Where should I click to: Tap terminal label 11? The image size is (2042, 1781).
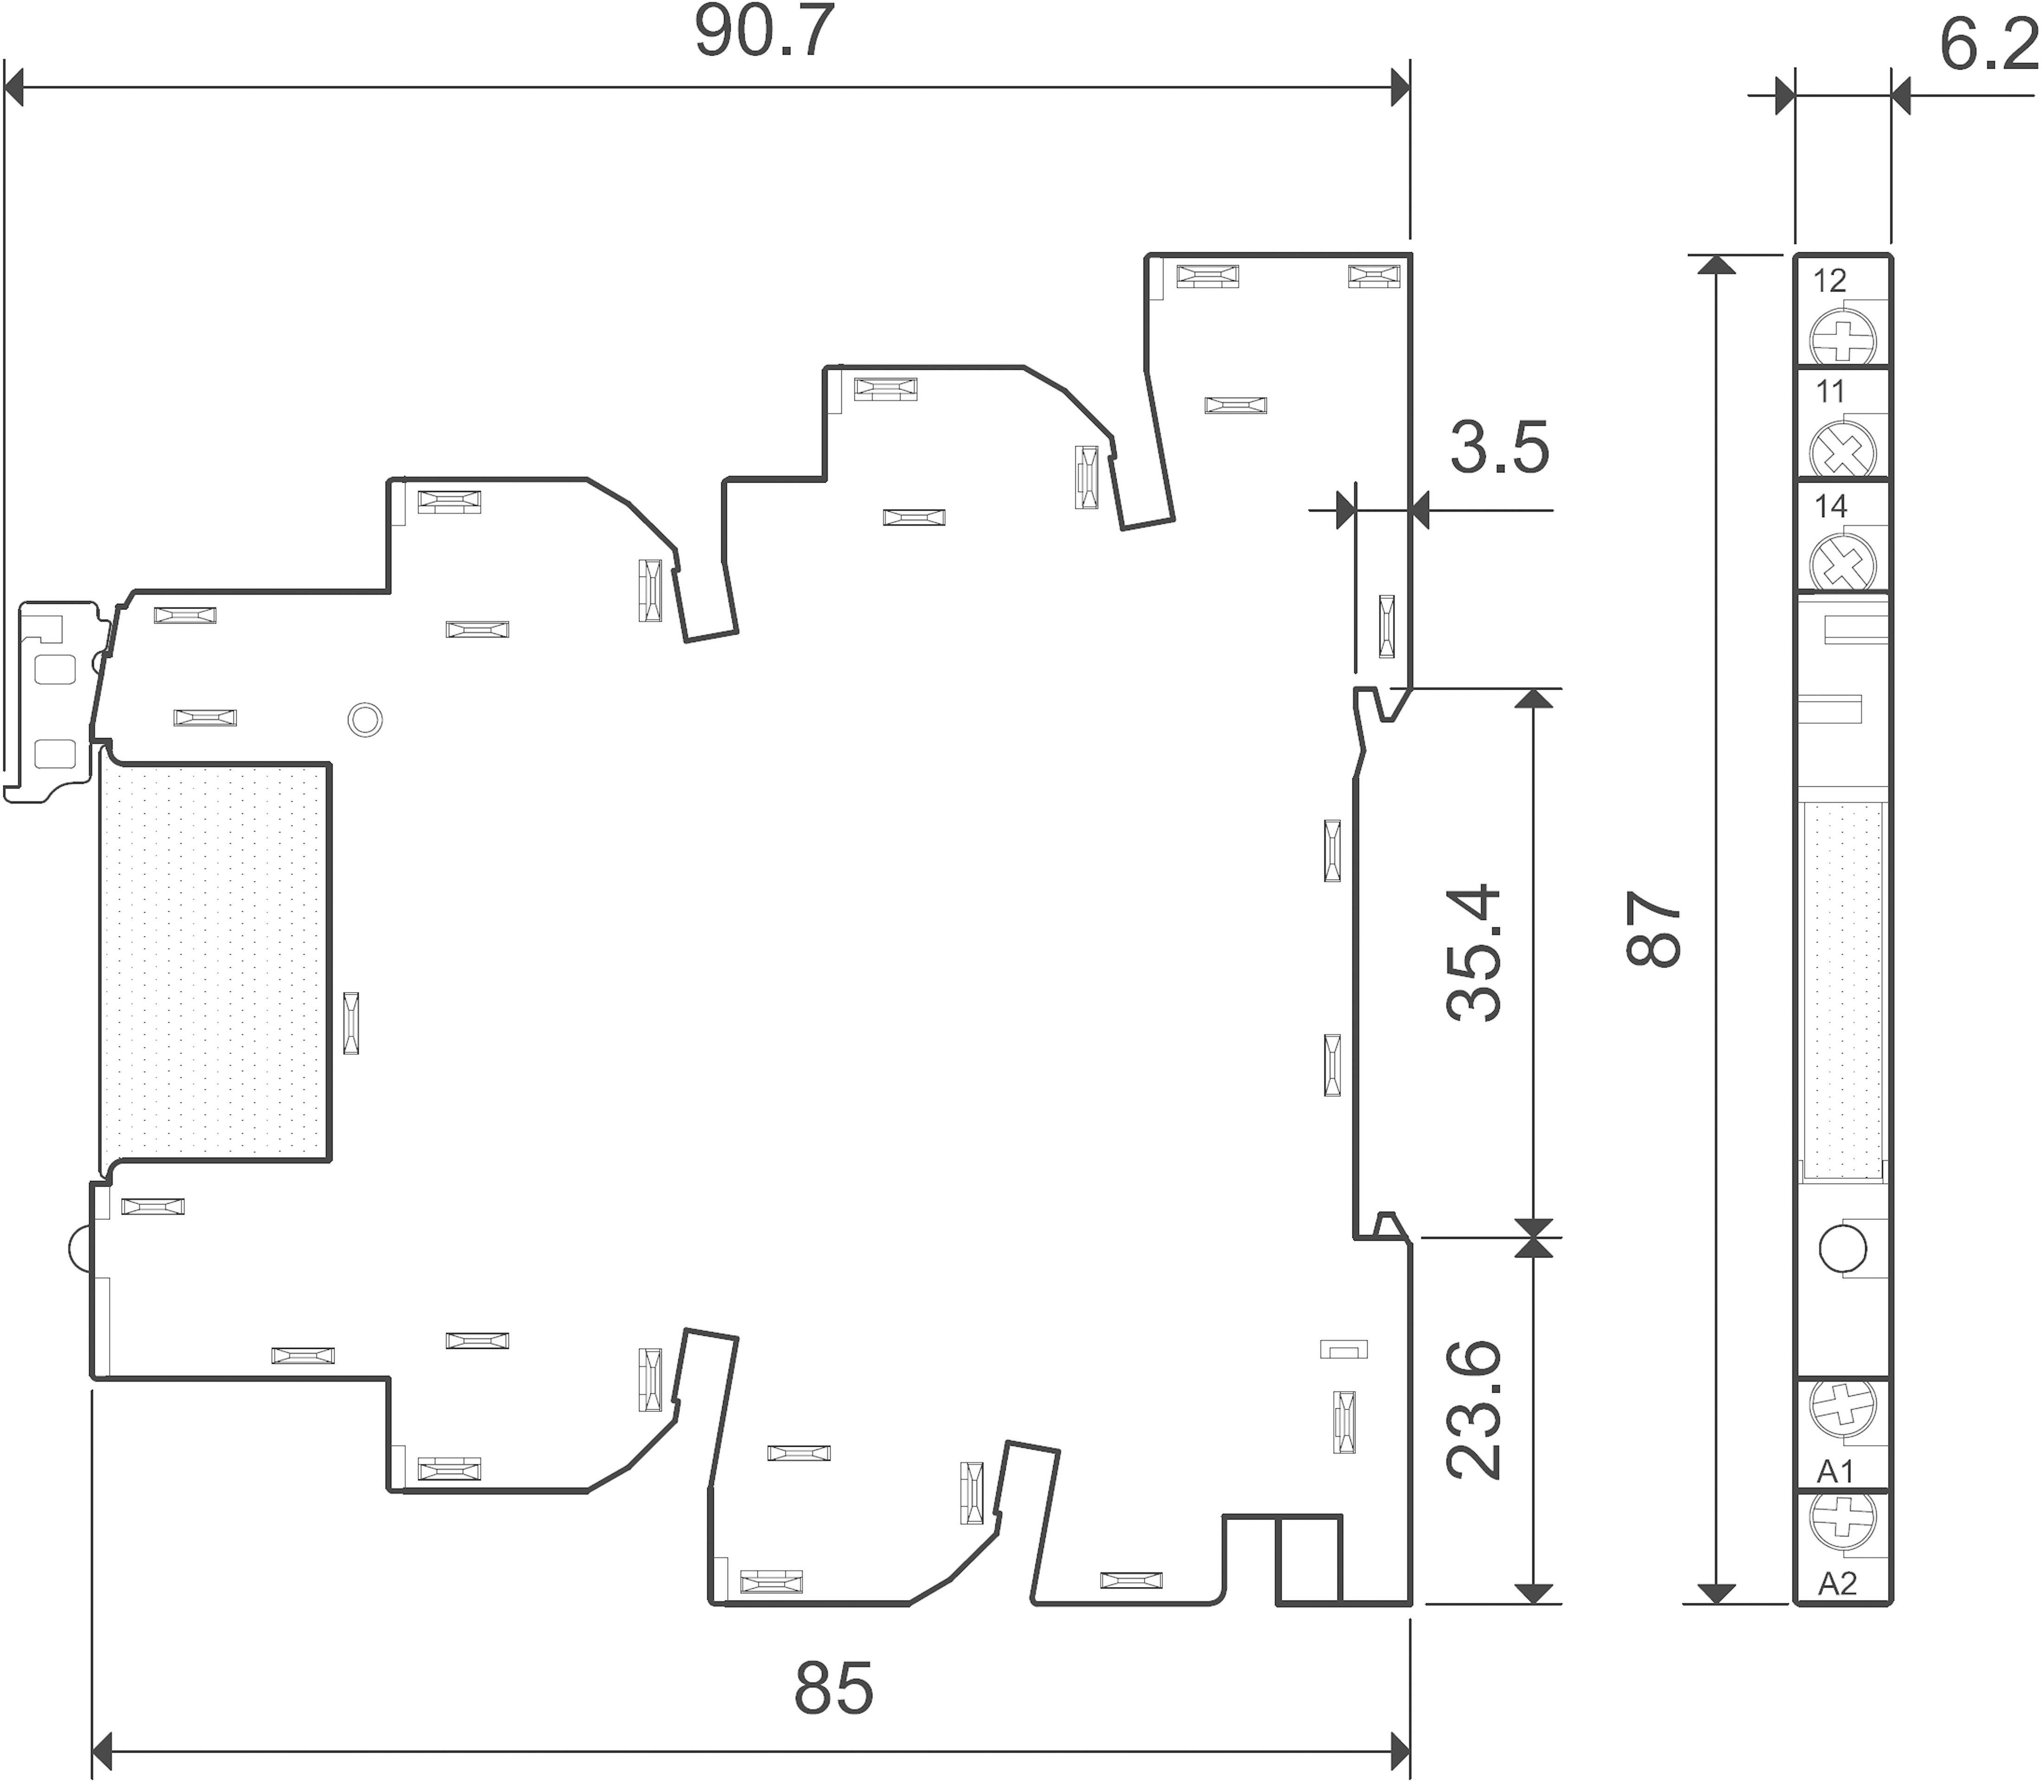pos(1829,393)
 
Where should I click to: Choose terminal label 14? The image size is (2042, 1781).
pos(1829,507)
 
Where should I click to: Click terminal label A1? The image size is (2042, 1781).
pos(1835,1471)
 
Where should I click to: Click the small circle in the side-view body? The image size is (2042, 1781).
pos(365,719)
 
